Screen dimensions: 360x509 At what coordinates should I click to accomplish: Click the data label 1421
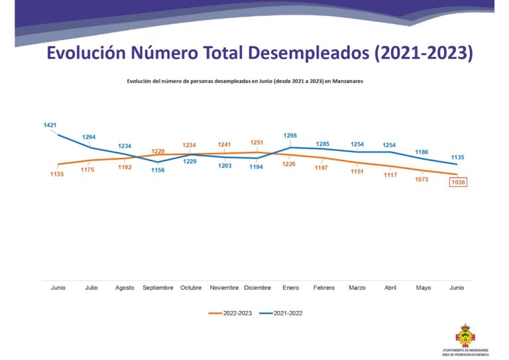coord(50,125)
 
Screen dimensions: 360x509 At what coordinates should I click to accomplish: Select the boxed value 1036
coord(457,182)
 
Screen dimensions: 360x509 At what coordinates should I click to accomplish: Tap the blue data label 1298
coord(290,136)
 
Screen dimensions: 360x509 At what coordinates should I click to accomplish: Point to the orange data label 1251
coord(257,143)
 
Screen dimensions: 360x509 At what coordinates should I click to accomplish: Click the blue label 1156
coord(158,170)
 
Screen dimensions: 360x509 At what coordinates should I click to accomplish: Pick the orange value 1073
coord(422,179)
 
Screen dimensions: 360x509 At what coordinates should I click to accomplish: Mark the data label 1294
coord(89,137)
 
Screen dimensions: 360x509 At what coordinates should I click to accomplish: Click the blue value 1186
coord(422,152)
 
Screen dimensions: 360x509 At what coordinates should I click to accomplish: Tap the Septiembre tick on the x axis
coord(158,288)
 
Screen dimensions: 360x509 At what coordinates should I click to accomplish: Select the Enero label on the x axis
coord(290,288)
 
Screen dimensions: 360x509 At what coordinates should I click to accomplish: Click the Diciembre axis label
coord(257,288)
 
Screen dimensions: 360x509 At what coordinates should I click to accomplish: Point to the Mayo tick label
coord(424,288)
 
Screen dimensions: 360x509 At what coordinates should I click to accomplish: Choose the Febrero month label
coord(323,288)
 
